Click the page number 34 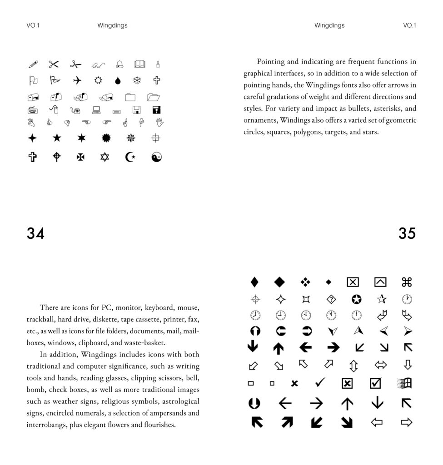pyautogui.click(x=35, y=233)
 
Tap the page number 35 pyautogui.click(x=407, y=233)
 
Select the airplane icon pyautogui.click(x=77, y=80)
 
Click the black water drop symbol pyautogui.click(x=118, y=81)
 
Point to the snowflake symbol pyautogui.click(x=137, y=81)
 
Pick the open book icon pyautogui.click(x=139, y=64)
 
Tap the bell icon pyautogui.click(x=119, y=64)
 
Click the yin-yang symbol pyautogui.click(x=156, y=157)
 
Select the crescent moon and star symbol pyautogui.click(x=130, y=157)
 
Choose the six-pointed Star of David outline pyautogui.click(x=105, y=157)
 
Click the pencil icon pyautogui.click(x=33, y=64)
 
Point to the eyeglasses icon pyautogui.click(x=98, y=64)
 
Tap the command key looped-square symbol pyautogui.click(x=407, y=282)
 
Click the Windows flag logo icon pyautogui.click(x=404, y=383)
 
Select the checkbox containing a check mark pyautogui.click(x=375, y=383)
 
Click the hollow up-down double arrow pyautogui.click(x=353, y=365)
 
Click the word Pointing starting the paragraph pyautogui.click(x=271, y=62)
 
